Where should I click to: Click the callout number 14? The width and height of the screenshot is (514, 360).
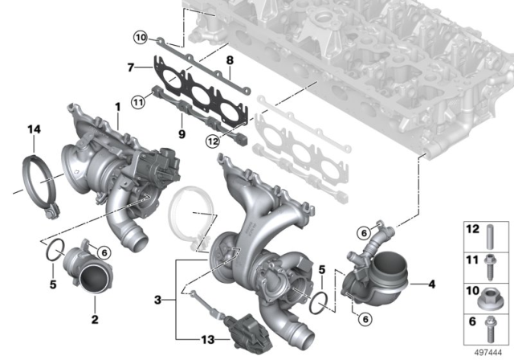tap(34, 129)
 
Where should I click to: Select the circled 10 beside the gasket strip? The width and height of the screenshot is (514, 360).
tap(141, 38)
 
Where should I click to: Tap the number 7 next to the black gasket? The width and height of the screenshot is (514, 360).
tap(131, 67)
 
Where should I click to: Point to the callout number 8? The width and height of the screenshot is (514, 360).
tap(230, 60)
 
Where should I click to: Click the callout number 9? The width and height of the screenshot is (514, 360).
tap(182, 133)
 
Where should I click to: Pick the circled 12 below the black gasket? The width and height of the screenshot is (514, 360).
tap(212, 141)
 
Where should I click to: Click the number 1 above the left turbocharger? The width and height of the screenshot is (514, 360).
tap(117, 107)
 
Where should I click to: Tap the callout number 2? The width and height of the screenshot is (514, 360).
tap(95, 319)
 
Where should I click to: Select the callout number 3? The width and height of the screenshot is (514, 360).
tap(158, 300)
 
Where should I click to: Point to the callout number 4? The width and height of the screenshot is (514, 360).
tap(432, 284)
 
